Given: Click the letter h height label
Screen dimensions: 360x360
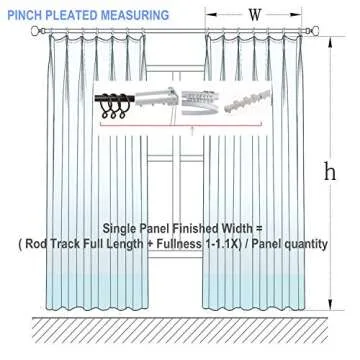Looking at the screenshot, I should (x=341, y=171).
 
